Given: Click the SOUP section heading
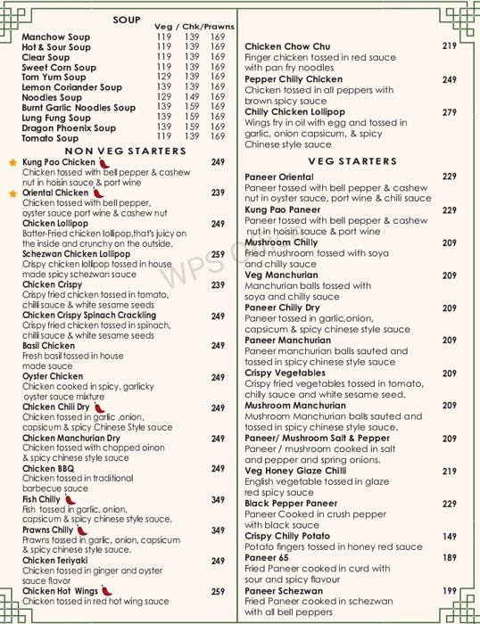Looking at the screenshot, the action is click(132, 19).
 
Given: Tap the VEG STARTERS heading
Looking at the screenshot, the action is click(352, 161).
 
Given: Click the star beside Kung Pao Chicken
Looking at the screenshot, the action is click(12, 163).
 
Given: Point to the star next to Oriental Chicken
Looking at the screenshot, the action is click(12, 193).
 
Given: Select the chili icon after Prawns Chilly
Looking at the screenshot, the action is click(82, 530).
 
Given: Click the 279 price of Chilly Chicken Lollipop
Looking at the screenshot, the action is click(449, 113).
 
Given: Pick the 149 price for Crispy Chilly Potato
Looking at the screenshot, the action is click(449, 537).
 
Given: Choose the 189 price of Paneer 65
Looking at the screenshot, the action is click(449, 558).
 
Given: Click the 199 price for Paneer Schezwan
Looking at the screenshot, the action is click(449, 591).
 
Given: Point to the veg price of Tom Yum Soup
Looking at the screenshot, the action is click(164, 78).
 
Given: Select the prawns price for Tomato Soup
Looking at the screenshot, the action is click(218, 136).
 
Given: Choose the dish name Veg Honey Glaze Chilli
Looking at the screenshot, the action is click(294, 472).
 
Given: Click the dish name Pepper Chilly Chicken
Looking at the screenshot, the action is click(294, 79).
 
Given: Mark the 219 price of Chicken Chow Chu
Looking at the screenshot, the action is click(449, 46).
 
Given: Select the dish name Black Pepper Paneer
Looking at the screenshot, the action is click(291, 504).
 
